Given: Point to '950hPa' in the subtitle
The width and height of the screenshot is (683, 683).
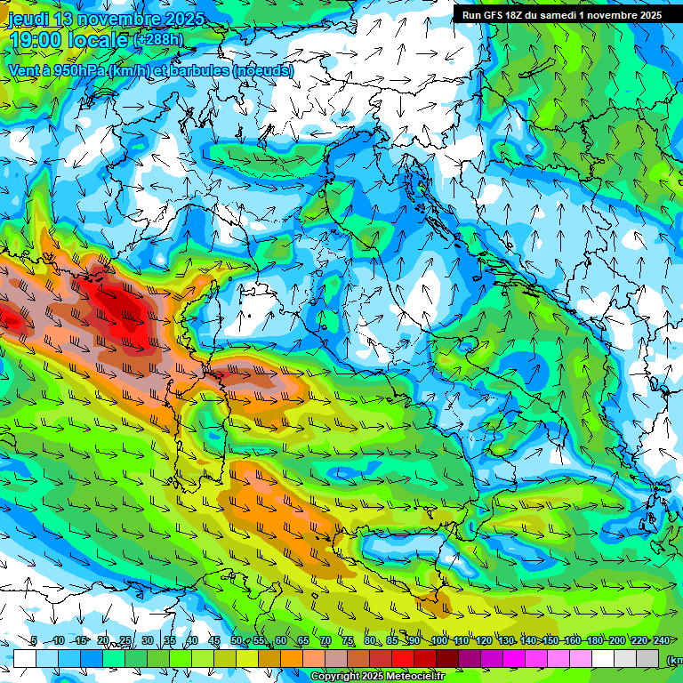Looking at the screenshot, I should (79, 69).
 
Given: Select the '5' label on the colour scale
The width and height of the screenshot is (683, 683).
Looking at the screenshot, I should (34, 640).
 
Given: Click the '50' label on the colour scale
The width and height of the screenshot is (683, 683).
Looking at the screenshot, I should (236, 640).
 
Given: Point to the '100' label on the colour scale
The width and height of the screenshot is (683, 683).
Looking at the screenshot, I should (438, 640).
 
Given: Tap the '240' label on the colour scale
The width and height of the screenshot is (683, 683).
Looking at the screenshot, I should (662, 640).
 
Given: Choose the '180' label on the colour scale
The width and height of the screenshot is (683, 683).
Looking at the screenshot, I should (594, 640).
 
